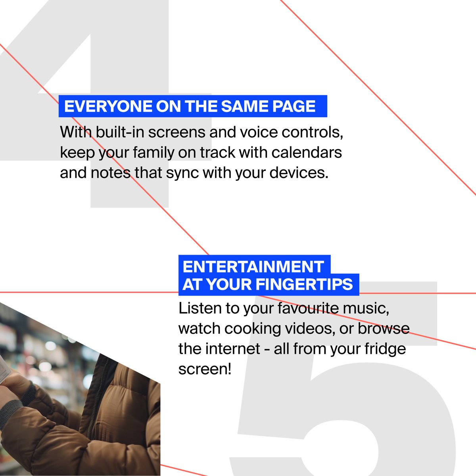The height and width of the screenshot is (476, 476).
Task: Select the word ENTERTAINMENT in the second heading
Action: coord(253,267)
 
